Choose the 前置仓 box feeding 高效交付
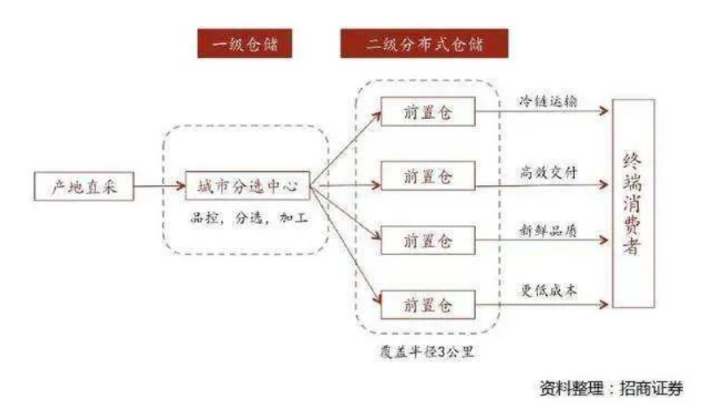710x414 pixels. (428, 177)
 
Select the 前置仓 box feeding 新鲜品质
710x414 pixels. (428, 241)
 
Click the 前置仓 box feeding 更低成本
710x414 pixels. (428, 305)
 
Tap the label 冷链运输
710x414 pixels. (549, 103)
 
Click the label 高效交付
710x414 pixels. (549, 172)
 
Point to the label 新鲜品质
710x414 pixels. (549, 231)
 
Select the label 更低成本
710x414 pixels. (549, 291)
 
